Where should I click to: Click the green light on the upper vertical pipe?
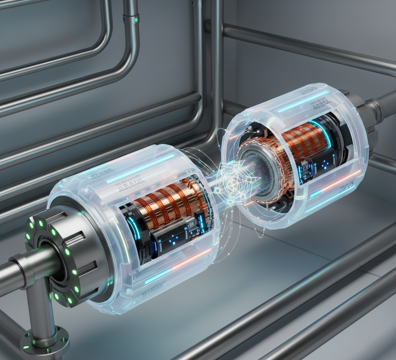[x=136, y=19]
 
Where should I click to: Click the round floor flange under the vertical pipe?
[x=45, y=342]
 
